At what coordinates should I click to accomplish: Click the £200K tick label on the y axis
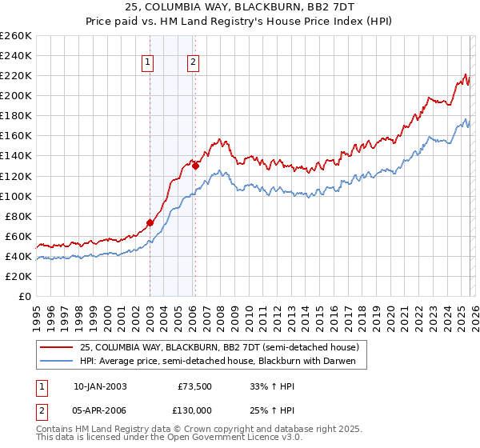(15, 95)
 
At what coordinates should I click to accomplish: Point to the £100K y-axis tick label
(15, 196)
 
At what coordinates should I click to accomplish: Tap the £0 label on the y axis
(25, 296)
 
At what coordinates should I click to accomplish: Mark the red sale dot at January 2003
(150, 222)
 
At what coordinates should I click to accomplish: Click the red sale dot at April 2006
(195, 166)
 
